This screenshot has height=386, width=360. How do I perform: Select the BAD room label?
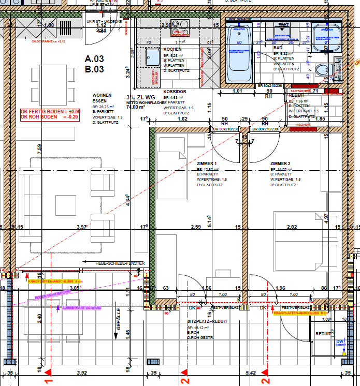click(x=278, y=48)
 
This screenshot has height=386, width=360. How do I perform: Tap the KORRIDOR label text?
click(x=175, y=91)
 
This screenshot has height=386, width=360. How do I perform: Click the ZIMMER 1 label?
click(x=207, y=164)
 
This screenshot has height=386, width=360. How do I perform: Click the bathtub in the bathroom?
click(x=240, y=50)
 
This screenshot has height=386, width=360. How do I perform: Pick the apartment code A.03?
click(x=95, y=60)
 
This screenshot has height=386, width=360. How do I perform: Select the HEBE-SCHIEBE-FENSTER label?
click(x=120, y=263)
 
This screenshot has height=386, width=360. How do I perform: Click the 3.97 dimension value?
click(x=81, y=227)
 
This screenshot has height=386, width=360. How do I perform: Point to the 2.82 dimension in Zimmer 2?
click(x=292, y=227)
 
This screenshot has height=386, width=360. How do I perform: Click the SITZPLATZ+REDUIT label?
click(x=207, y=321)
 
